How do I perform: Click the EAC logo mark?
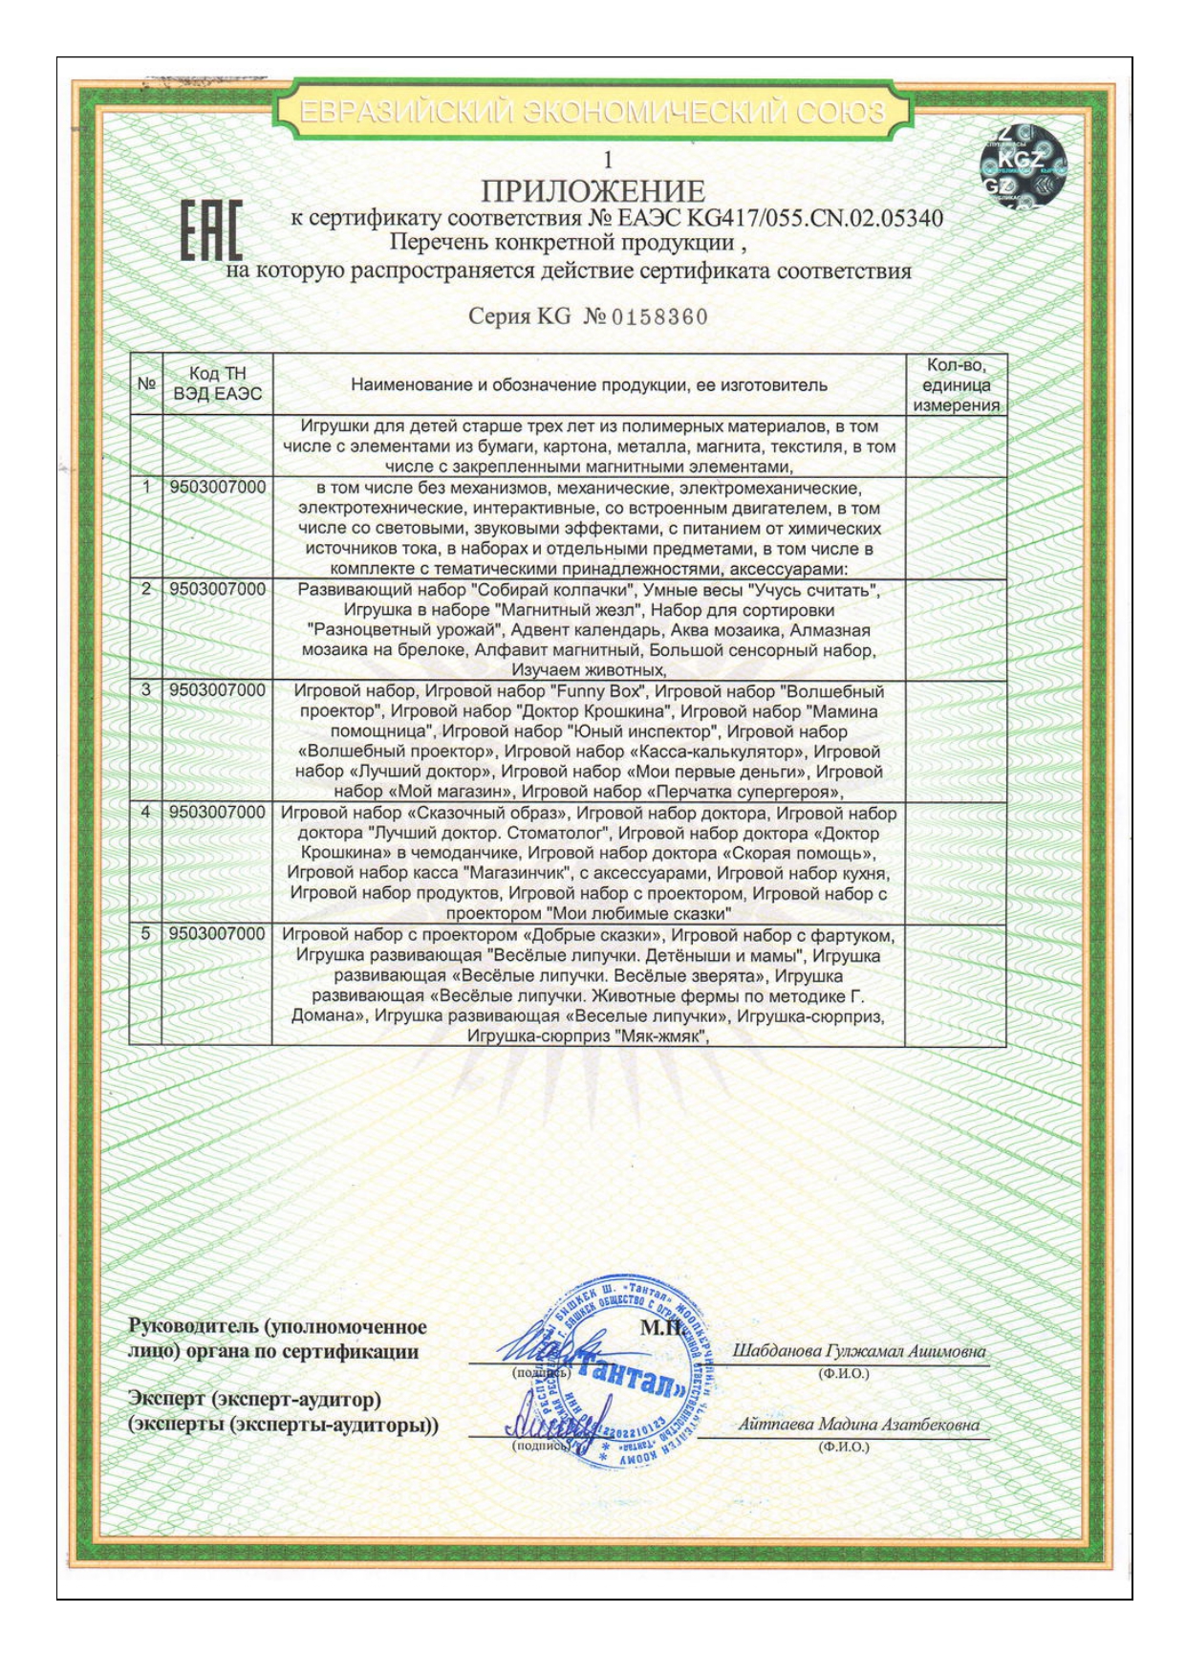[x=211, y=231]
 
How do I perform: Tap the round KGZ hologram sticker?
[x=1024, y=168]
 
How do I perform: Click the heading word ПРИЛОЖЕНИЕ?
[x=593, y=191]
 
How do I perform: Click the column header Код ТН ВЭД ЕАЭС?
[x=217, y=384]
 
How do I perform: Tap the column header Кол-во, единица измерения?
[x=955, y=384]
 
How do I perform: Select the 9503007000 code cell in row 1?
[x=218, y=488]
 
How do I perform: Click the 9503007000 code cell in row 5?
[x=218, y=934]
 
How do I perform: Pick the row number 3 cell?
[x=146, y=690]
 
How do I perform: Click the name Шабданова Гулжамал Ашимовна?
[x=857, y=1351]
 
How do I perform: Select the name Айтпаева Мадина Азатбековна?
[x=858, y=1424]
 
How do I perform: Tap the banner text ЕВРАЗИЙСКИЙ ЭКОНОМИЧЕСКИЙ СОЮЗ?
[x=593, y=113]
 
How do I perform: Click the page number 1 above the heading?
[x=606, y=161]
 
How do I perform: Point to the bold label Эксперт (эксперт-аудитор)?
[x=255, y=1400]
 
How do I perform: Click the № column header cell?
[x=146, y=384]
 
